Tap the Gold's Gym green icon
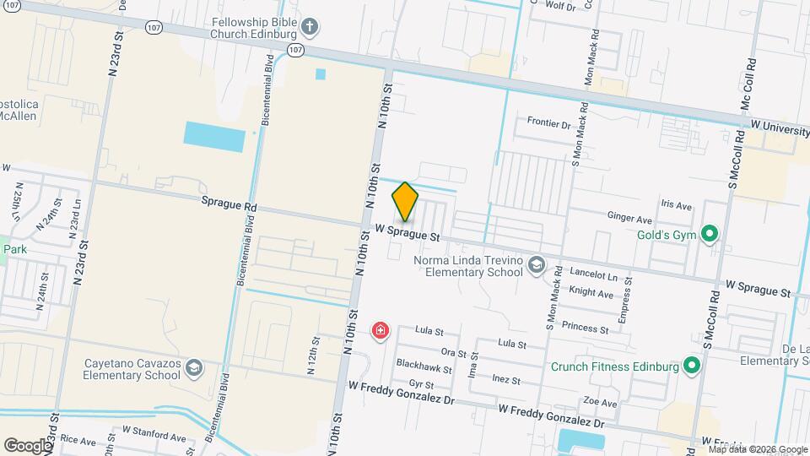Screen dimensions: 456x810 click(710, 233)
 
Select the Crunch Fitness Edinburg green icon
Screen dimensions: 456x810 click(692, 366)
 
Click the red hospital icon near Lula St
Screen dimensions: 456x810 click(381, 329)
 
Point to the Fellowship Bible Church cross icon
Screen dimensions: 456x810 click(309, 26)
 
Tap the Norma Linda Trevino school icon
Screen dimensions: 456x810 click(535, 266)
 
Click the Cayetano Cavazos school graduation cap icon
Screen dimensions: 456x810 click(194, 367)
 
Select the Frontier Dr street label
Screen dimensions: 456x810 click(548, 123)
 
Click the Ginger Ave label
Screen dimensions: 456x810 click(630, 216)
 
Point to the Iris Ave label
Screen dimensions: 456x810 click(677, 205)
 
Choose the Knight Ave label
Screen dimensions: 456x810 click(591, 293)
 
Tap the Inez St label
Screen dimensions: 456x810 click(505, 380)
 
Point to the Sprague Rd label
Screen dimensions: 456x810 click(229, 204)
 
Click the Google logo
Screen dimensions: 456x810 click(28, 445)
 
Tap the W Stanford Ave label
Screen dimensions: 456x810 click(154, 438)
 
